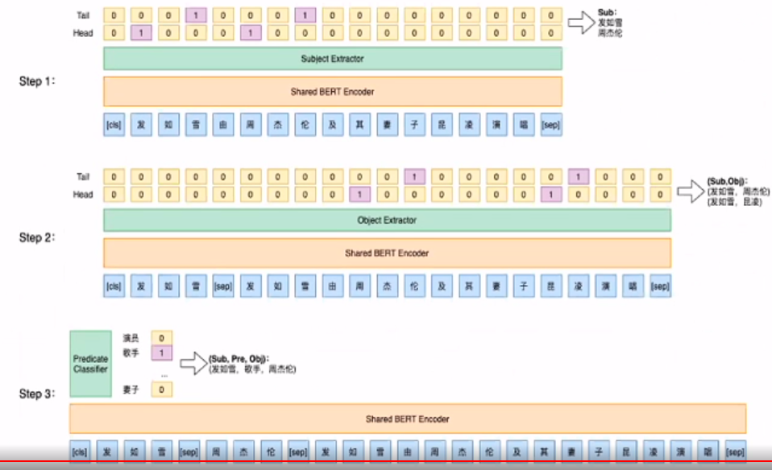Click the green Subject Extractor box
[x=332, y=59]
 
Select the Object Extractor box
[x=387, y=220]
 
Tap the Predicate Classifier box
[x=90, y=363]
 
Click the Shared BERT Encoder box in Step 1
[x=332, y=92]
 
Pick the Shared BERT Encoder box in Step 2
[x=387, y=253]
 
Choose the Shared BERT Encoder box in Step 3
[x=407, y=418]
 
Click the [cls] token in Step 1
[x=114, y=126]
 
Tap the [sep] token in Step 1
[x=551, y=126]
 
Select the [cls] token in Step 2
[x=114, y=286]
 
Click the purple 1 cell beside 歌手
[x=161, y=352]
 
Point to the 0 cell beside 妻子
[x=161, y=390]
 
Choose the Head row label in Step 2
[x=84, y=194]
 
